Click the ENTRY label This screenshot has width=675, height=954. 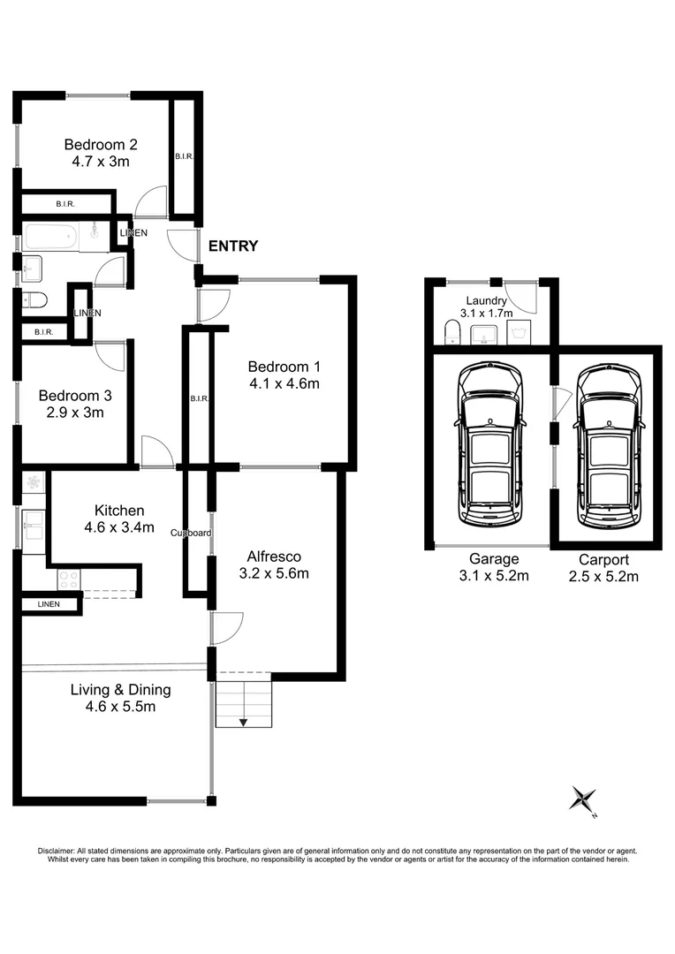pos(233,246)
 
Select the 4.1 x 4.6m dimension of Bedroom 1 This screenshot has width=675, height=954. pos(283,383)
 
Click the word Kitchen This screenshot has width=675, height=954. pos(119,511)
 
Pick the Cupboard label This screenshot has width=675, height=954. pos(191,533)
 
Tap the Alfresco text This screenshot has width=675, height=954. pos(273,556)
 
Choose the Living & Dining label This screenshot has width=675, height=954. pos(121,690)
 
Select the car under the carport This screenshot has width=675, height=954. pos(609,444)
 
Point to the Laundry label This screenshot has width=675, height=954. pos(487,300)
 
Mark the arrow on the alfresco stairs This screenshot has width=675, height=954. pos(243,722)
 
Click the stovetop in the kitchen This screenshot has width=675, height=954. pos(68,579)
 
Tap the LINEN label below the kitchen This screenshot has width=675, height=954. pos(49,604)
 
